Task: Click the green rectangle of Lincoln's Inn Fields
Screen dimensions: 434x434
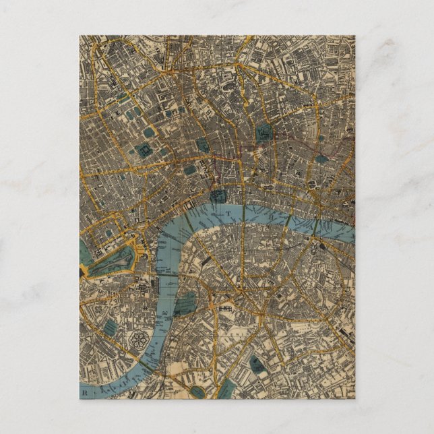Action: click(x=191, y=170)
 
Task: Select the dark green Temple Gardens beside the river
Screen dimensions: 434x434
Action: click(x=218, y=197)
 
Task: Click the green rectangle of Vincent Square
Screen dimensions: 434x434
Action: click(x=108, y=330)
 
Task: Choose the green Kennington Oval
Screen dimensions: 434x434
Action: click(x=197, y=392)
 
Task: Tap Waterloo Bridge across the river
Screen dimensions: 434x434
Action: click(x=189, y=214)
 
